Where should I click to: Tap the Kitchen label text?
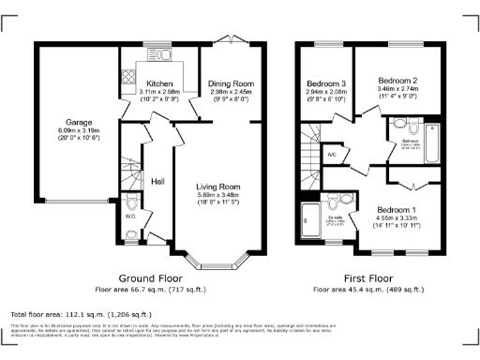pyautogui.click(x=158, y=84)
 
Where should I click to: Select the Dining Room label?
pyautogui.click(x=230, y=84)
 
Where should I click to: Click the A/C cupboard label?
pyautogui.click(x=331, y=153)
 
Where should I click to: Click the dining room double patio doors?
pyautogui.click(x=228, y=42)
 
